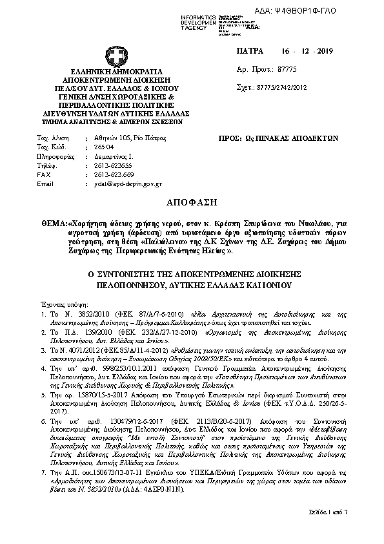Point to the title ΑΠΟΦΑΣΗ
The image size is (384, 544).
coord(193,201)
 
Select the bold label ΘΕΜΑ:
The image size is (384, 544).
coord(53,221)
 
